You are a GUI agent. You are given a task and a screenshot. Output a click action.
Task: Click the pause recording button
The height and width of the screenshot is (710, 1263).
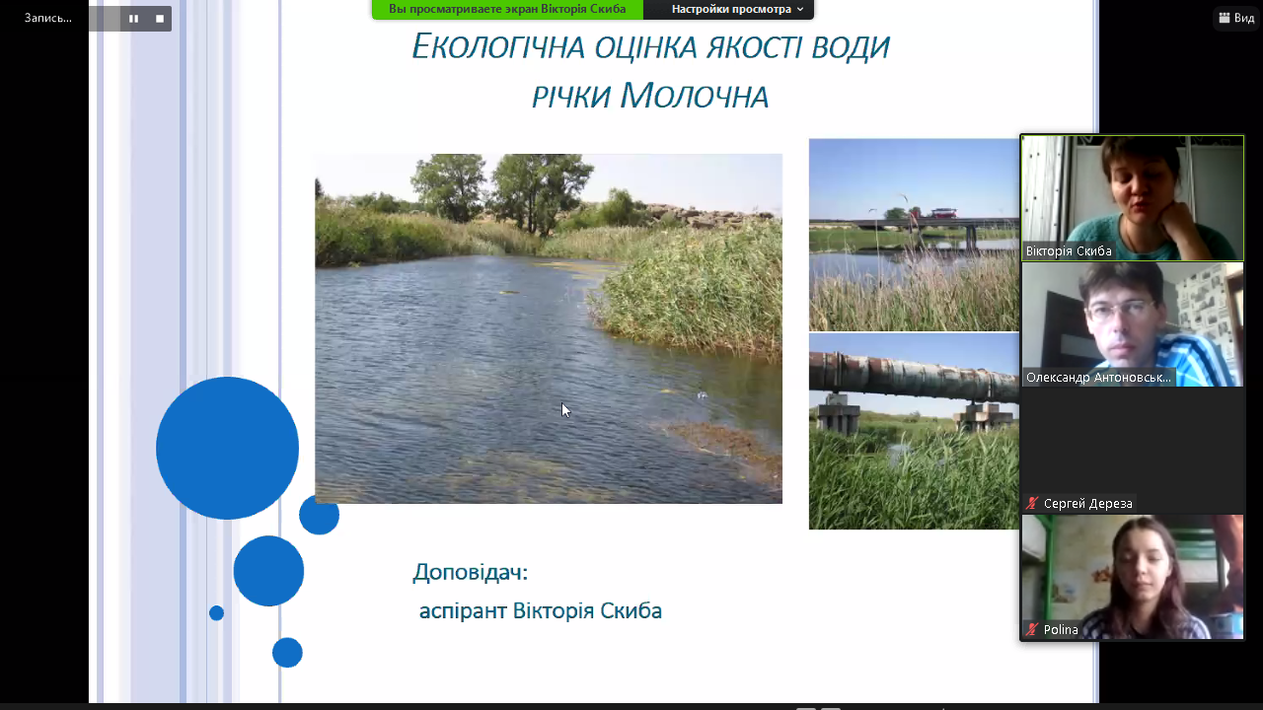point(133,19)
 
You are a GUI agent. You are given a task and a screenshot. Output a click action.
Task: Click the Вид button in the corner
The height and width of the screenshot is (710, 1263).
point(1236,18)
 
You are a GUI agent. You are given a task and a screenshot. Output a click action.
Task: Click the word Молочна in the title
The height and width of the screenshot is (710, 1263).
point(694,96)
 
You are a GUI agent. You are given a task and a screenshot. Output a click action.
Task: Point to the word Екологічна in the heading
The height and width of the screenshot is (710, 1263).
point(498,46)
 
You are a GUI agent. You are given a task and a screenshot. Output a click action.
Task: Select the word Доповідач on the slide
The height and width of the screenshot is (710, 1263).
point(471,573)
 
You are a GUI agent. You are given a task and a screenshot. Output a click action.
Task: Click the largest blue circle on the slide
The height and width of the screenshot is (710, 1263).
point(227,448)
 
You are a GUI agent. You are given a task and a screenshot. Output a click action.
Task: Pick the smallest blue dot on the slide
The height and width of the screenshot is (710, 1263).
point(216,613)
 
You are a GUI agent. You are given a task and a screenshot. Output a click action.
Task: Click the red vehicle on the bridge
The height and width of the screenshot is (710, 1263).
point(944,213)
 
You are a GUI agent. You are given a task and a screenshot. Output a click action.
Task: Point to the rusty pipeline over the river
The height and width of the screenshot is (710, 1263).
point(914,376)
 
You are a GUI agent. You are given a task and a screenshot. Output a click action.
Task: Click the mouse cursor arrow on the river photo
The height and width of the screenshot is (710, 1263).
point(566,410)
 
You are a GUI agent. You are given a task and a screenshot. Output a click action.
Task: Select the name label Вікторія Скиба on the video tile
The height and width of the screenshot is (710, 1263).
point(1069,251)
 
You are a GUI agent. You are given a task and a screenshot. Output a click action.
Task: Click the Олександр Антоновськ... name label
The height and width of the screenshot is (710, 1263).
point(1098,378)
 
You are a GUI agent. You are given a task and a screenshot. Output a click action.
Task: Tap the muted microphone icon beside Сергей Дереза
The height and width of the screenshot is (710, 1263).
point(1032,503)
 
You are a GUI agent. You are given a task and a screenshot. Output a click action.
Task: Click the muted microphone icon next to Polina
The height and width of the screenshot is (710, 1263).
point(1032,629)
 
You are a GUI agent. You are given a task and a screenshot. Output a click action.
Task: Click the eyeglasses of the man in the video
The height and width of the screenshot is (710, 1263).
point(1120,311)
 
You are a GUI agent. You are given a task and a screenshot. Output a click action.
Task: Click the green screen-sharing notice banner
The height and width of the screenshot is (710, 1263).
point(507,9)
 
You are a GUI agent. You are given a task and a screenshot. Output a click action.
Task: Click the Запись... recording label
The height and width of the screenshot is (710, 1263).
point(48,18)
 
